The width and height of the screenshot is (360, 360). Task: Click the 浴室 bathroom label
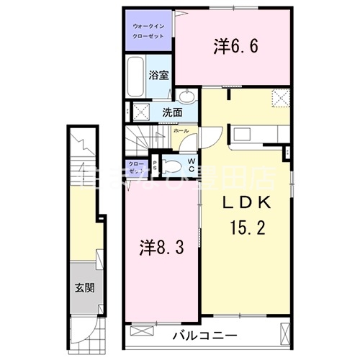(158, 75)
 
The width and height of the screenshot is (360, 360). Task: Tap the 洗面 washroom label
(171, 112)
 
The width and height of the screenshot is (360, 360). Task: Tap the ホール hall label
(181, 131)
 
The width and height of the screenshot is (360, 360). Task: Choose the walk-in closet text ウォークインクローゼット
(148, 30)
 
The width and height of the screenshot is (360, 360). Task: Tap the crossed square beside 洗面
(141, 112)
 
